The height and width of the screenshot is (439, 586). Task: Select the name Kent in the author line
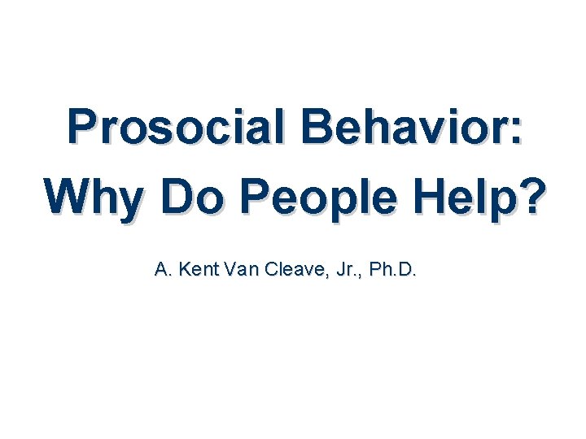click(x=194, y=270)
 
